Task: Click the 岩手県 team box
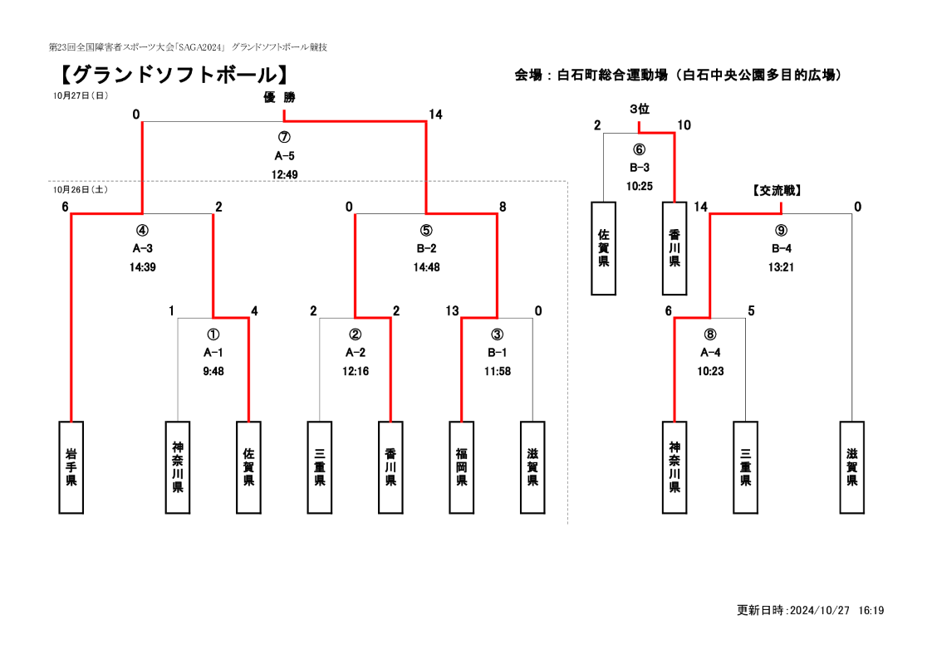pyautogui.click(x=71, y=467)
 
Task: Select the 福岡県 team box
pyautogui.click(x=462, y=467)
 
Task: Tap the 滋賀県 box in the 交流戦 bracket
pyautogui.click(x=851, y=467)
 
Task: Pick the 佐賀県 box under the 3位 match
pyautogui.click(x=603, y=248)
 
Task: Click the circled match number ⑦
pyautogui.click(x=284, y=137)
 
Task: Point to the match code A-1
pyautogui.click(x=213, y=353)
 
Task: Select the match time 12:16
pyautogui.click(x=356, y=371)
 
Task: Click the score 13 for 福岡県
pyautogui.click(x=453, y=310)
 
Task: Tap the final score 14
pyautogui.click(x=436, y=115)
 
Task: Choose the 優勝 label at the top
pyautogui.click(x=279, y=97)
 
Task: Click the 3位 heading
pyautogui.click(x=640, y=109)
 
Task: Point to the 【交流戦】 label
pyautogui.click(x=777, y=191)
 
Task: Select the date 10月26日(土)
pyautogui.click(x=81, y=189)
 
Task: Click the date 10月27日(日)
pyautogui.click(x=81, y=95)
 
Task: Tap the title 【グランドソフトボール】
pyautogui.click(x=174, y=75)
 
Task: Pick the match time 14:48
pyautogui.click(x=427, y=267)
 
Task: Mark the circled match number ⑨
pyautogui.click(x=781, y=231)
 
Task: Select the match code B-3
pyautogui.click(x=640, y=168)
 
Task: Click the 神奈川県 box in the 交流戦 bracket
pyautogui.click(x=674, y=467)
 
